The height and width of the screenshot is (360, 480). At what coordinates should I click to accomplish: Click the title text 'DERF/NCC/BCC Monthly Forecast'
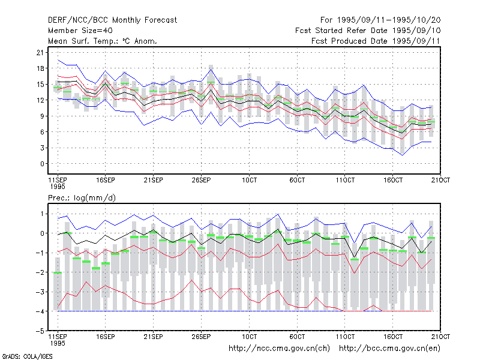(x=112, y=20)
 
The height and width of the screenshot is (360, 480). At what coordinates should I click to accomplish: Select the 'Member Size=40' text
(x=80, y=31)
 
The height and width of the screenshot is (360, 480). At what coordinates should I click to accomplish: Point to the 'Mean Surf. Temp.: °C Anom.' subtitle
(x=103, y=41)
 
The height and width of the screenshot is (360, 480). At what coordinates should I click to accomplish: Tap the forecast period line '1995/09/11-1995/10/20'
(x=389, y=20)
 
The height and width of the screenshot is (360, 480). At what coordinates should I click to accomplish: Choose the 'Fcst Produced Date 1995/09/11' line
(x=376, y=41)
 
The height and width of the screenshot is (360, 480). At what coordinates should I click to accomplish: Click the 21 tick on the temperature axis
(x=40, y=53)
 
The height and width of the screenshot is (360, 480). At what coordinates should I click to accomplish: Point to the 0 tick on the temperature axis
(x=42, y=164)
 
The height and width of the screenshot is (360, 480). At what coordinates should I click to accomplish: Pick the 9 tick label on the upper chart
(x=42, y=116)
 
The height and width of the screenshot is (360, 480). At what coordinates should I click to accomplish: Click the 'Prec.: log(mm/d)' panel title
(x=82, y=198)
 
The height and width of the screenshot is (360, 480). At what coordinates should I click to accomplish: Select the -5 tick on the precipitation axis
(x=40, y=331)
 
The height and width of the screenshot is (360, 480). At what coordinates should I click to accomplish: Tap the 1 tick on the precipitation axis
(x=42, y=214)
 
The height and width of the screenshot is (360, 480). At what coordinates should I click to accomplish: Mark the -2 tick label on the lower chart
(x=40, y=272)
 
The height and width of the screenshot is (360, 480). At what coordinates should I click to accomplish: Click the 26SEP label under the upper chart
(x=201, y=180)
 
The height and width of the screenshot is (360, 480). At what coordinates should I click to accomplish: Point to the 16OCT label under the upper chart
(x=393, y=180)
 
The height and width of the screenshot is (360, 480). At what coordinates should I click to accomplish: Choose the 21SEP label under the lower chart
(x=154, y=337)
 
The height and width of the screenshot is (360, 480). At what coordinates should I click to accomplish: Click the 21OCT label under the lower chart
(x=441, y=337)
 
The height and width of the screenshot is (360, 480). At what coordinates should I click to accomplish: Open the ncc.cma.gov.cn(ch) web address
(x=279, y=349)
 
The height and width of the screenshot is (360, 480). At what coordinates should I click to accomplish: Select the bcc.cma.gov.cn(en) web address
(x=389, y=349)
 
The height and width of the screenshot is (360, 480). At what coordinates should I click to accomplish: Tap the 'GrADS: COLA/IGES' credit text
(x=28, y=356)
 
